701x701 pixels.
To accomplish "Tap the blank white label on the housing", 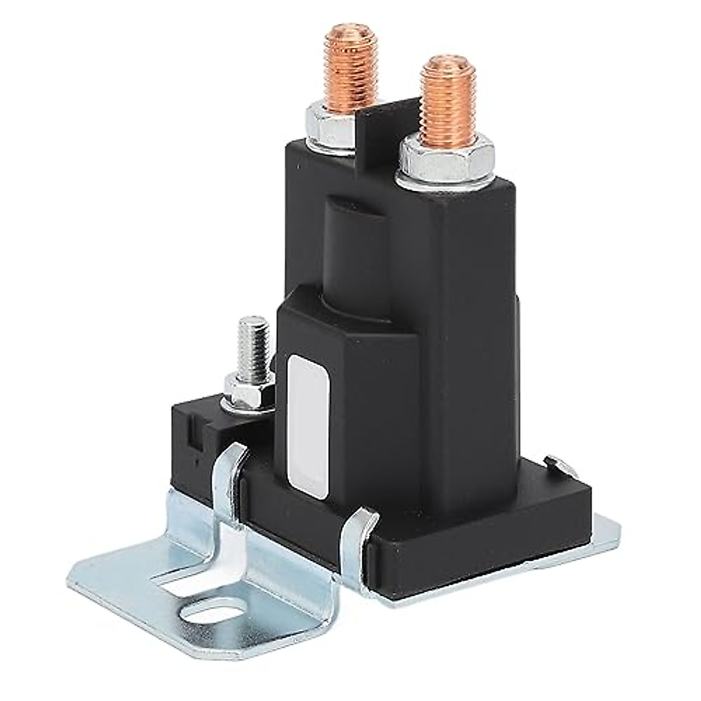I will click(308, 426).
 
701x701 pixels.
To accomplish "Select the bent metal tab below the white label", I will click(356, 537).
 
